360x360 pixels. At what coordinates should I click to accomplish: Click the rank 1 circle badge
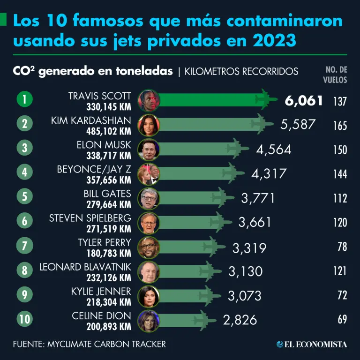(x=24, y=100)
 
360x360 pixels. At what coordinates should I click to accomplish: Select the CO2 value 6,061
(x=303, y=100)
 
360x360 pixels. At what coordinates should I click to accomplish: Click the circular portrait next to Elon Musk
(x=149, y=150)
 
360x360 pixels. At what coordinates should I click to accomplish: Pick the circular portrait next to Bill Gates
(x=149, y=198)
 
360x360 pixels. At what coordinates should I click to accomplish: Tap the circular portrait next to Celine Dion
(x=149, y=320)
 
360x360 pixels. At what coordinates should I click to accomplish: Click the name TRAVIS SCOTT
(x=99, y=96)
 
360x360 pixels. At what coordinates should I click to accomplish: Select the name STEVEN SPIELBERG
(x=90, y=217)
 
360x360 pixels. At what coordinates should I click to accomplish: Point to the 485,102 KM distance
(x=109, y=131)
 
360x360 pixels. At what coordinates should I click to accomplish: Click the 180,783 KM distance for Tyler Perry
(x=109, y=253)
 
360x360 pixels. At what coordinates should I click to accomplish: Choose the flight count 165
(x=340, y=126)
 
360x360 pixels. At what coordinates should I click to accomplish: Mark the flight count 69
(x=342, y=320)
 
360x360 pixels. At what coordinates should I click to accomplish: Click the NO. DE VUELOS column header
(x=336, y=75)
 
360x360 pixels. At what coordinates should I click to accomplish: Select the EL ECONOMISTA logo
(x=312, y=345)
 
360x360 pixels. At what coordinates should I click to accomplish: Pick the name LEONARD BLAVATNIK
(x=85, y=267)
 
